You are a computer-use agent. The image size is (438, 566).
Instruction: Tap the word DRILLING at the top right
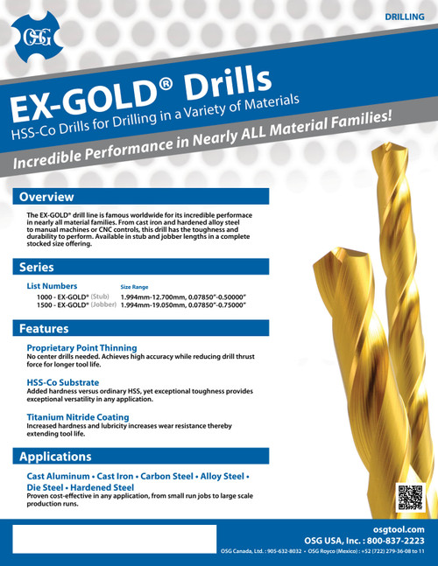pyautogui.click(x=406, y=17)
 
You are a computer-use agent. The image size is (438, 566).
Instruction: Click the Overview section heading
pyautogui.click(x=47, y=197)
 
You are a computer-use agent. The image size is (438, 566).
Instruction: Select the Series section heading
pyautogui.click(x=39, y=266)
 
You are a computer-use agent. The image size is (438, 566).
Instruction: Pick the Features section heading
pyautogui.click(x=44, y=329)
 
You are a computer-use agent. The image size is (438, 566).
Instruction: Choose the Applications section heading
pyautogui.click(x=55, y=456)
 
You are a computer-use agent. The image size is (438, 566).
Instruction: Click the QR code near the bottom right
pyautogui.click(x=409, y=496)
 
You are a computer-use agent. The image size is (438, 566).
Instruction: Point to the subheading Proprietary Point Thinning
pyautogui.click(x=81, y=347)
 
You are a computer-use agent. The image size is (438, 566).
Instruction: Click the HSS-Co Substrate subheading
pyautogui.click(x=63, y=382)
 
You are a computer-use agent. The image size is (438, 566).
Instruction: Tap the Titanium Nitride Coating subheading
pyautogui.click(x=78, y=417)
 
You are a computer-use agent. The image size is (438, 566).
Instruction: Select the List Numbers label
pyautogui.click(x=53, y=286)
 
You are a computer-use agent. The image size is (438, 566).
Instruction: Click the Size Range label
pyautogui.click(x=134, y=287)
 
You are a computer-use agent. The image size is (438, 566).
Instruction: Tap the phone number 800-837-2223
pyautogui.click(x=390, y=541)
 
